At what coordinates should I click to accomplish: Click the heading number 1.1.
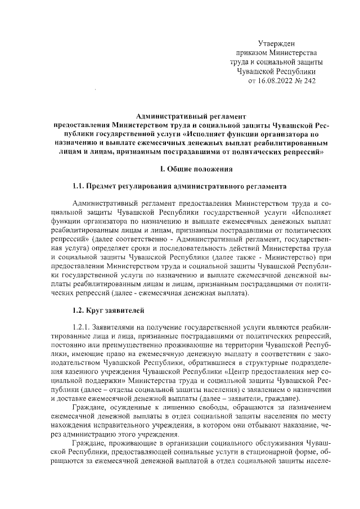click(80, 186)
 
